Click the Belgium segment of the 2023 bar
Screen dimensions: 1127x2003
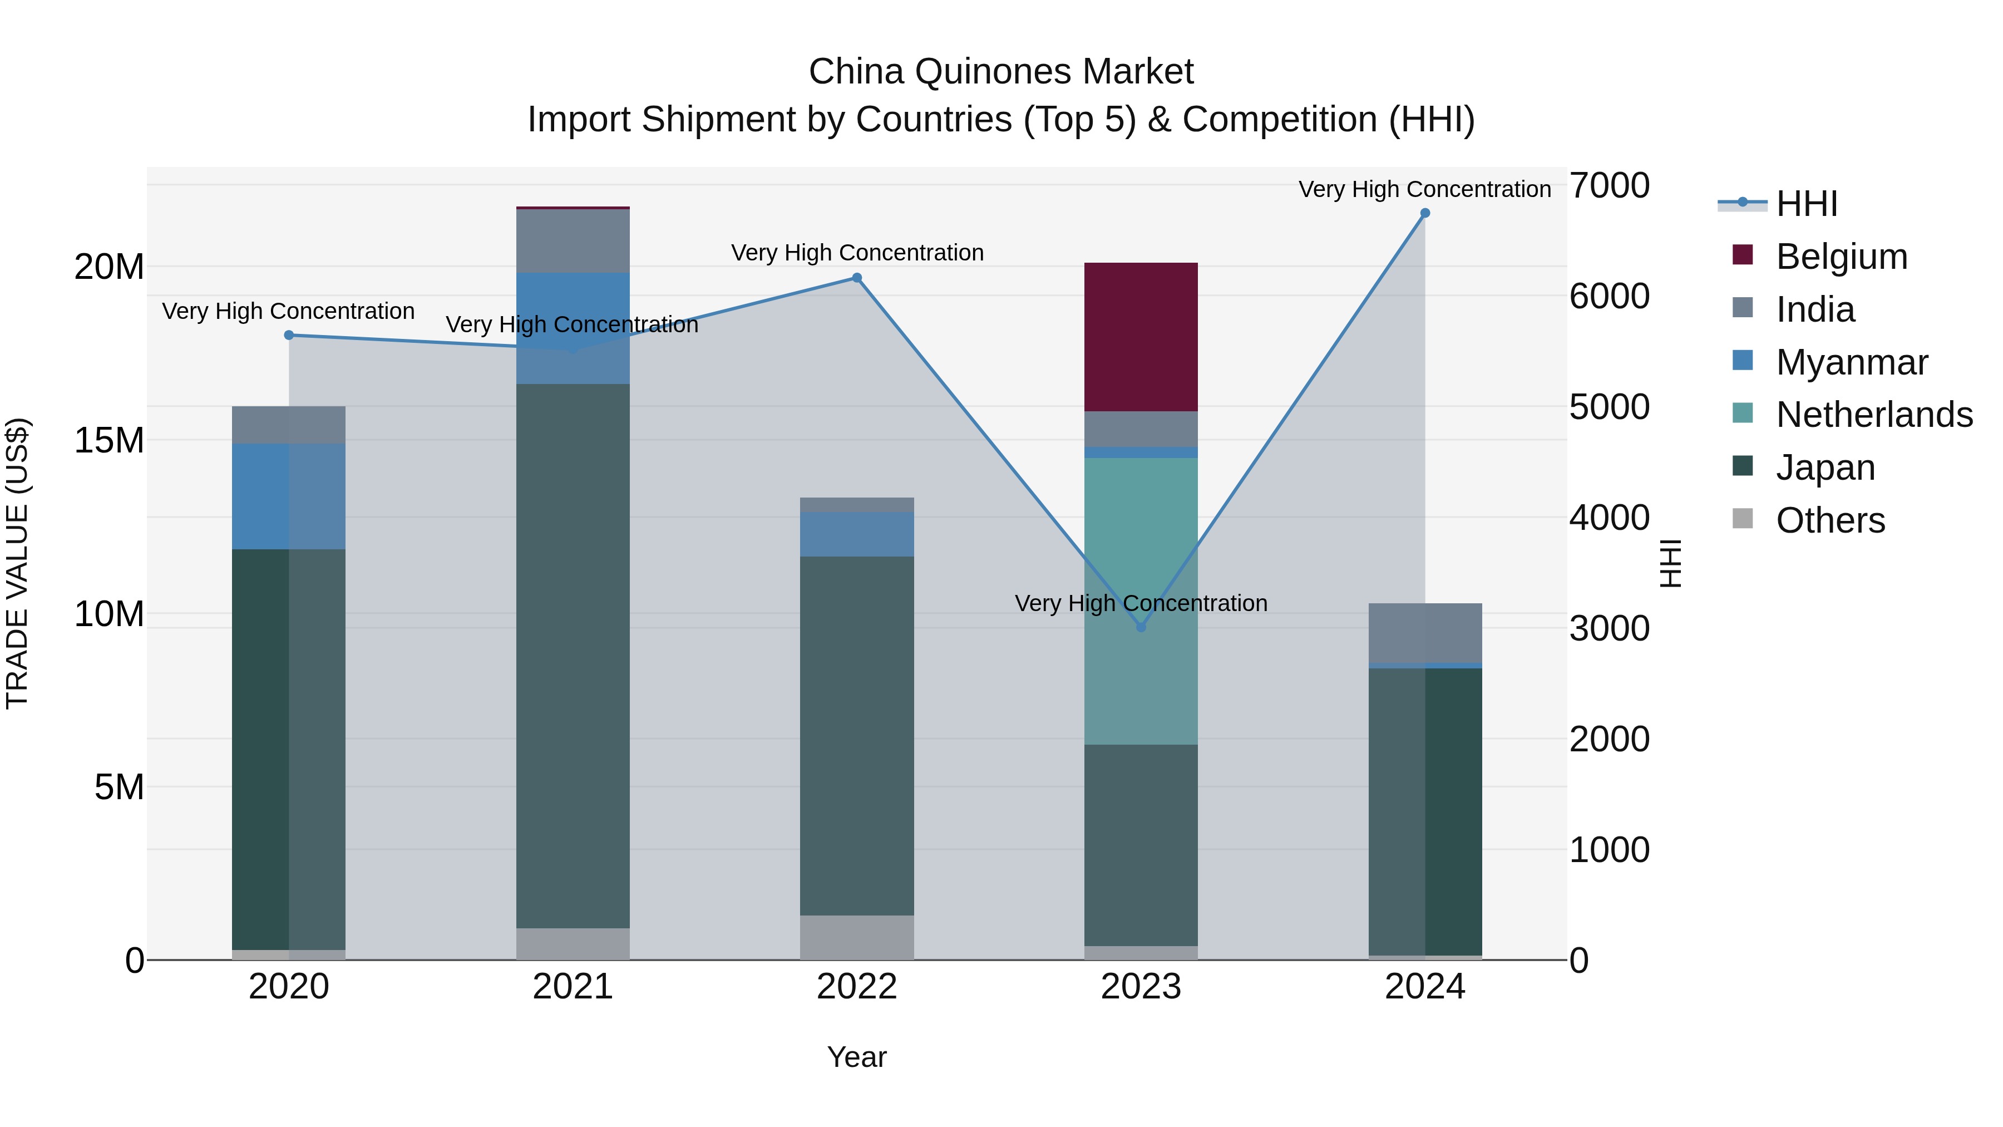(1141, 337)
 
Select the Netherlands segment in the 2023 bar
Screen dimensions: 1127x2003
(1141, 601)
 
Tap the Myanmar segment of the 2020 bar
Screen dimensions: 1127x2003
(288, 496)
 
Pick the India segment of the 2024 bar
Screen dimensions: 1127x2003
(1424, 632)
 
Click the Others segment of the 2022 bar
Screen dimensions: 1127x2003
(857, 937)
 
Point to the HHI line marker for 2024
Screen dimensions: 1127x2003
(1424, 213)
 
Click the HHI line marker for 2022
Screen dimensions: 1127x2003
(857, 278)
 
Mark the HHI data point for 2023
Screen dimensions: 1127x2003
(1141, 627)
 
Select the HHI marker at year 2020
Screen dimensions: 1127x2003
(288, 335)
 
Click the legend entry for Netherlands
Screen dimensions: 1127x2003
(1874, 415)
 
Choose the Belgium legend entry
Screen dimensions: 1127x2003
(1841, 257)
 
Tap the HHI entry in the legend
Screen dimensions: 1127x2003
(1806, 204)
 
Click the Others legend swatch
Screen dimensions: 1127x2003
(1743, 519)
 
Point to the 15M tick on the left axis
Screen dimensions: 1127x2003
(109, 440)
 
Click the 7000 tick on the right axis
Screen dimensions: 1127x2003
(1609, 186)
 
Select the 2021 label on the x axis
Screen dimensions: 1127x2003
(573, 987)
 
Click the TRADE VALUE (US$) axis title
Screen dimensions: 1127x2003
(17, 563)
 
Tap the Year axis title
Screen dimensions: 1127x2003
(857, 1057)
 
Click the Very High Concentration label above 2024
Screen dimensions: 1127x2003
(1424, 189)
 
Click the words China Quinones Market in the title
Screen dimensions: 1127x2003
(1001, 72)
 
